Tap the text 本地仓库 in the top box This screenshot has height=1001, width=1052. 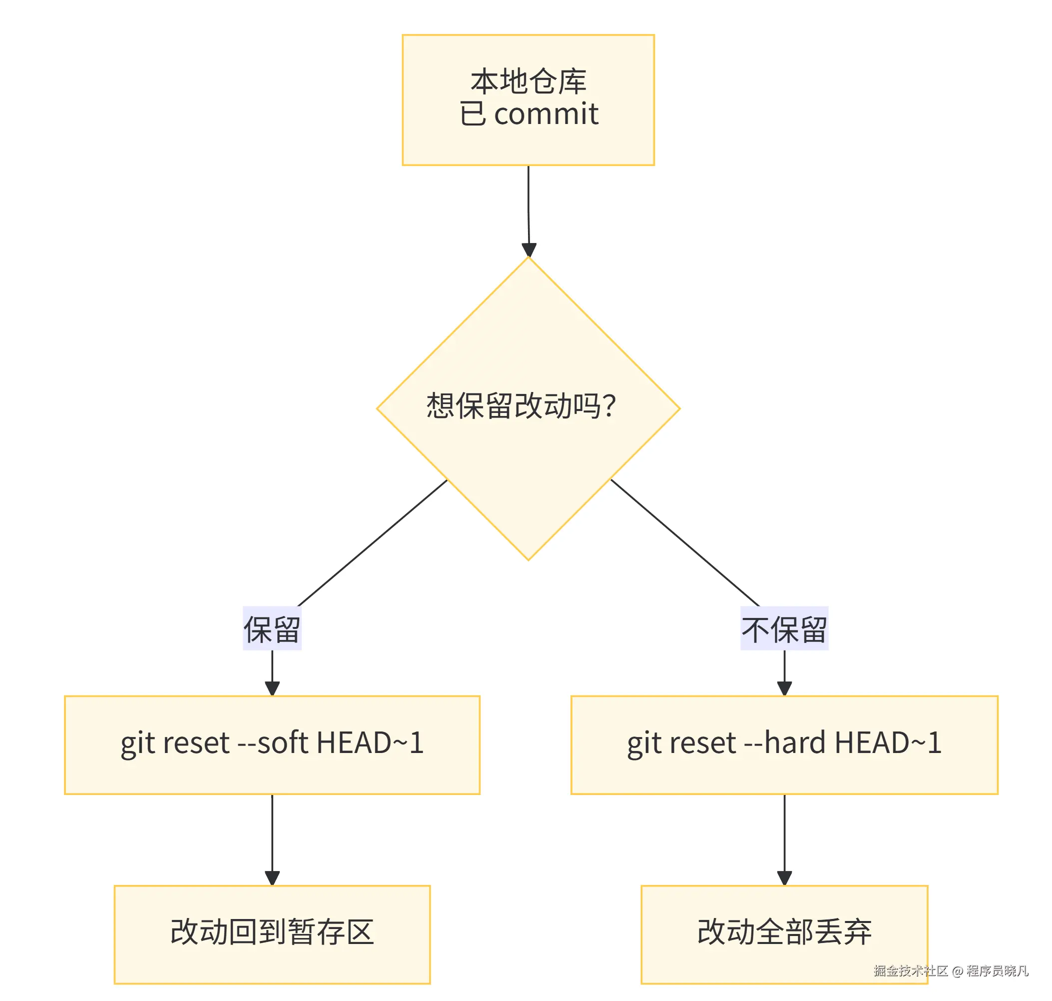pos(528,81)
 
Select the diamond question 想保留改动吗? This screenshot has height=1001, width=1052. pos(521,405)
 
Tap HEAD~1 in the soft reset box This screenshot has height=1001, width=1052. pos(370,742)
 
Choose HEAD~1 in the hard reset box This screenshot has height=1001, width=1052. pos(888,742)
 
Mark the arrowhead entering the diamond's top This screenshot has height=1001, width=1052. pos(528,249)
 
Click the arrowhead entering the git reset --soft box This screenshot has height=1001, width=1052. pos(272,688)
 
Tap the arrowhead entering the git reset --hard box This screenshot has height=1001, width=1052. pos(784,688)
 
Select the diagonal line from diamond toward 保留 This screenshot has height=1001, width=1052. pos(372,543)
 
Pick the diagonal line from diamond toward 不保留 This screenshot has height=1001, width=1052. pos(685,543)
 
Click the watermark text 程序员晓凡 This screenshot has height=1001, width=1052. pos(997,970)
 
